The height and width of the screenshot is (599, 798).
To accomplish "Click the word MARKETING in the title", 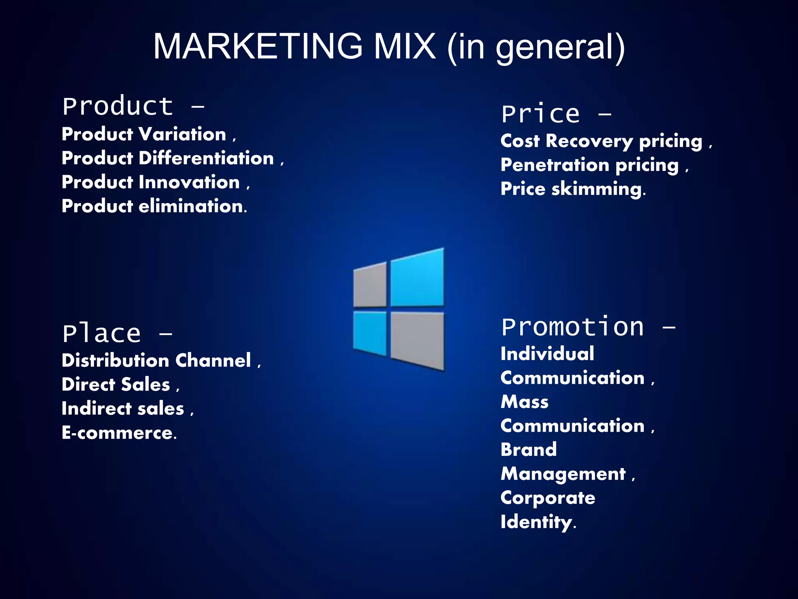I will tap(258, 46).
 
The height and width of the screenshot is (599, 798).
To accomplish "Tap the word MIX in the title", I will tap(404, 46).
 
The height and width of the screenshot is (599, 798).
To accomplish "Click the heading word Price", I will tap(540, 114).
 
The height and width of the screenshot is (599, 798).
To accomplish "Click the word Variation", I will tap(183, 134).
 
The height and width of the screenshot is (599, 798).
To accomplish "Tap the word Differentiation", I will tap(207, 158).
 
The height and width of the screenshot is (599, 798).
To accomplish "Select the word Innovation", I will tap(189, 182).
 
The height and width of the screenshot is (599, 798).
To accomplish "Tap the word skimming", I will tap(598, 190).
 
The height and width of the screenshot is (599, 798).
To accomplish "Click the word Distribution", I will tap(115, 360).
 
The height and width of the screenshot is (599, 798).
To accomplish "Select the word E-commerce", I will tap(118, 432).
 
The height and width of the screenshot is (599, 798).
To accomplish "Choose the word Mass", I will tap(524, 402).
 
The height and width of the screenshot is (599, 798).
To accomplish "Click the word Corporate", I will tap(548, 498).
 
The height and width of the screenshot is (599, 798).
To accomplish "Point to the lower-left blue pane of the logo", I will tap(370, 333).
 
